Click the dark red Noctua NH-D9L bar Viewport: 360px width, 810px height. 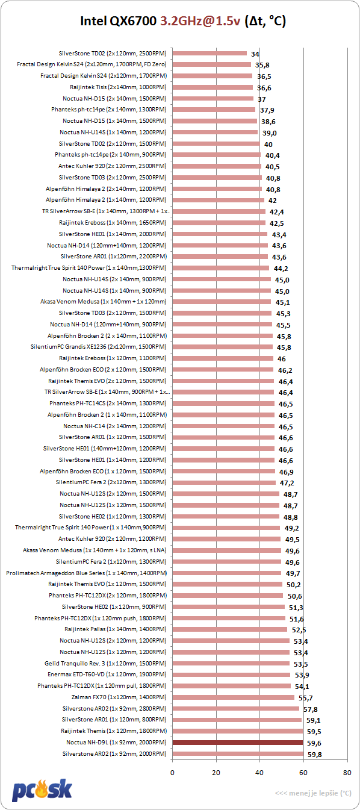(237, 743)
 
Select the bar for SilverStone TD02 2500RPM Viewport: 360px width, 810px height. (209, 53)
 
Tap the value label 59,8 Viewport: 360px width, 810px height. (314, 755)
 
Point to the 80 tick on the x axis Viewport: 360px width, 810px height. (347, 773)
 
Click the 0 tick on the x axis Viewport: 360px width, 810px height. (172, 773)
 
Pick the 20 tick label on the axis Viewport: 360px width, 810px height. (216, 773)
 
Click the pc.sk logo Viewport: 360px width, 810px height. (42, 790)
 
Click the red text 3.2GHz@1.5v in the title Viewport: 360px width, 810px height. (200, 21)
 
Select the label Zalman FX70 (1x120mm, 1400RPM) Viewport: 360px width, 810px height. (119, 697)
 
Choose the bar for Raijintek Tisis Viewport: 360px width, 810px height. (213, 87)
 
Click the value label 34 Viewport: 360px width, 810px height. (255, 54)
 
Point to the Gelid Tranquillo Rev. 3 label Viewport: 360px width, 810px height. (105, 663)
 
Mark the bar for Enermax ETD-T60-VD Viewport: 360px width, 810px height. (231, 674)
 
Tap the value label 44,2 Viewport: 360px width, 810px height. (281, 269)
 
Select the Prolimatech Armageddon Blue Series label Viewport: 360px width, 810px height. (86, 573)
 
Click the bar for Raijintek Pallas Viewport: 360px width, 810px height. (230, 629)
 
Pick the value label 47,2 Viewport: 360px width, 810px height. (287, 483)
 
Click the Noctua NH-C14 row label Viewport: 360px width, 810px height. (115, 426)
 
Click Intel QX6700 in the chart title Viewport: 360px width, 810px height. (118, 21)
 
